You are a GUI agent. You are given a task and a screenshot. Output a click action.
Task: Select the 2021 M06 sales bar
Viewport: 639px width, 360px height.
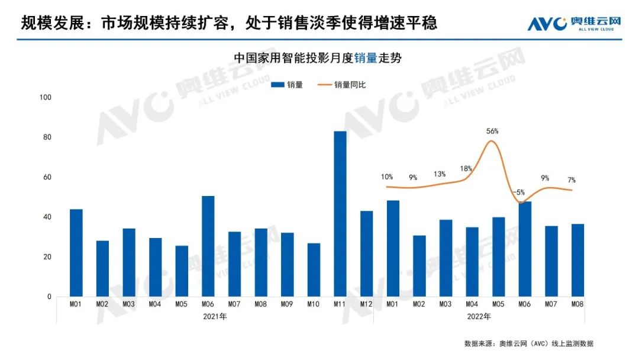click(x=208, y=246)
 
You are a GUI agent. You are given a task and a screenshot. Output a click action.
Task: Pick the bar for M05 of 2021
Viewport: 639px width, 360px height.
click(x=182, y=271)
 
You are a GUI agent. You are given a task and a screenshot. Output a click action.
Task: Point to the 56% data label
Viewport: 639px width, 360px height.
click(x=492, y=131)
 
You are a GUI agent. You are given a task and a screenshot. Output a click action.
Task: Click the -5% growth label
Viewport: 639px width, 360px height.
click(x=519, y=192)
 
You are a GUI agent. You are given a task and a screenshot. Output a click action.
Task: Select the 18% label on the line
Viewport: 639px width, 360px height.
click(x=466, y=169)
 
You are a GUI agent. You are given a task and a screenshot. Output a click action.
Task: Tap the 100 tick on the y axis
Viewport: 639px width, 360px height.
click(x=46, y=97)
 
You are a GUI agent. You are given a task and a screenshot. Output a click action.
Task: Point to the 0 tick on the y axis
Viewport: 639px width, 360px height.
click(x=50, y=297)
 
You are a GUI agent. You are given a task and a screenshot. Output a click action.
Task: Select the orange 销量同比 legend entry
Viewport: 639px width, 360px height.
click(x=342, y=85)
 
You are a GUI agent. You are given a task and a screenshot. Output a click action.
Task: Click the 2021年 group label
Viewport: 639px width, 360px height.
click(x=214, y=317)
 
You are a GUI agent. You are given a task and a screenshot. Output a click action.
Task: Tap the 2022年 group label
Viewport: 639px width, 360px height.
click(x=479, y=317)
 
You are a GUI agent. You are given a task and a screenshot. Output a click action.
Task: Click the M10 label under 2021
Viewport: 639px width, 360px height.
click(x=314, y=304)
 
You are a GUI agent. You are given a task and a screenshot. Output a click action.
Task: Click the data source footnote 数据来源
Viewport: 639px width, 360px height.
click(x=528, y=343)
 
